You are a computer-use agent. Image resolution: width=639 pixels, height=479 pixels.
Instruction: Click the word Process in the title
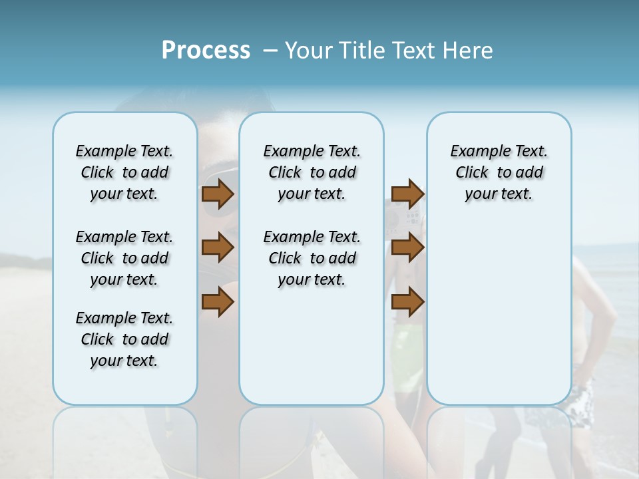pyautogui.click(x=206, y=50)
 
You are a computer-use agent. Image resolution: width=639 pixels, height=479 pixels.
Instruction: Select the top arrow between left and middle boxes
pyautogui.click(x=217, y=194)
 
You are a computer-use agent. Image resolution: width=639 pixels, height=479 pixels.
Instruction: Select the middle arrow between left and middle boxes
pyautogui.click(x=217, y=248)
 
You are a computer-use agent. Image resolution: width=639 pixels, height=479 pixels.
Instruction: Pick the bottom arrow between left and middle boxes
pyautogui.click(x=217, y=302)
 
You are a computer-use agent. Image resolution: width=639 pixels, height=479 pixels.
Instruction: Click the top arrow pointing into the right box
pyautogui.click(x=407, y=194)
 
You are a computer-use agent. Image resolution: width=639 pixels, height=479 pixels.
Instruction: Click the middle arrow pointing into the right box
pyautogui.click(x=407, y=248)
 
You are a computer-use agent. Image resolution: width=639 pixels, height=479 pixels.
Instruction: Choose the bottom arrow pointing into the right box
pyautogui.click(x=407, y=302)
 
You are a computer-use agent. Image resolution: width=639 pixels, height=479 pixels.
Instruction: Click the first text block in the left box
pyautogui.click(x=124, y=172)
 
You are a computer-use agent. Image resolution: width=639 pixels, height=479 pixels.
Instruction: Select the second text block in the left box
pyautogui.click(x=124, y=258)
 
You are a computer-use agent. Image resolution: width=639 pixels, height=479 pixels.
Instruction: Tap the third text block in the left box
pyautogui.click(x=124, y=339)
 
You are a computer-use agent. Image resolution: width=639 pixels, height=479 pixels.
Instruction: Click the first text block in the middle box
pyautogui.click(x=312, y=172)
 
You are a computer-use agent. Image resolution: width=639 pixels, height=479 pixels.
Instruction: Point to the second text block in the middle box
pyautogui.click(x=312, y=258)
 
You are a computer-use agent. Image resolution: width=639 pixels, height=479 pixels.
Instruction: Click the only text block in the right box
pyautogui.click(x=499, y=172)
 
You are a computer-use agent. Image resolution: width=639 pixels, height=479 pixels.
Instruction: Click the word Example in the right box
pyautogui.click(x=475, y=152)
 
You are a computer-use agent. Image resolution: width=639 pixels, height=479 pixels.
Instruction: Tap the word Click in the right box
pyautogui.click(x=472, y=173)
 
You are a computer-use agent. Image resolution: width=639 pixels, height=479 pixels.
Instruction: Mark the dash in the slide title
pyautogui.click(x=270, y=50)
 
